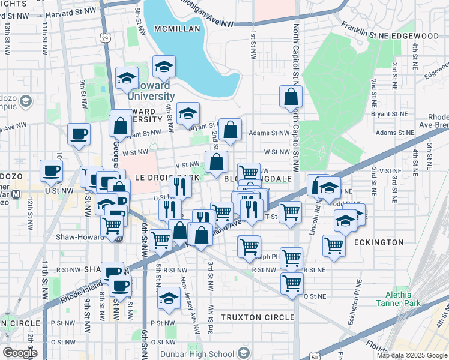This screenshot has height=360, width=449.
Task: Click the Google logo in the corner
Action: click(x=20, y=352)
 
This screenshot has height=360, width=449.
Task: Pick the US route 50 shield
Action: click(x=316, y=356)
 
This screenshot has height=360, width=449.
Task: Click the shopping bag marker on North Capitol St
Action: click(x=291, y=97)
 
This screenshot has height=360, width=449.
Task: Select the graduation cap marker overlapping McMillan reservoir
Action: click(x=164, y=67)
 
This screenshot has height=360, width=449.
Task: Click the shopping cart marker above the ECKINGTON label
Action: click(x=334, y=244)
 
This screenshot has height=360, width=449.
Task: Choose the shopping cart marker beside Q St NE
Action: click(x=292, y=283)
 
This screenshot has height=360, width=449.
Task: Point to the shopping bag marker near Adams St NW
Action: click(x=230, y=130)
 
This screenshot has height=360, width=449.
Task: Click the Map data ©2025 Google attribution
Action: click(x=411, y=355)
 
